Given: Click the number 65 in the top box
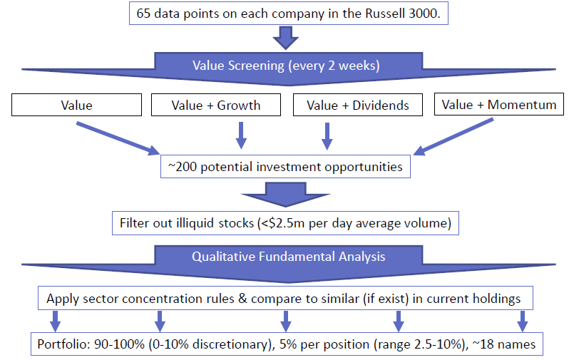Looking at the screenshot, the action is coord(144,14).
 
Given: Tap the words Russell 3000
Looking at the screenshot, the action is coord(402,14).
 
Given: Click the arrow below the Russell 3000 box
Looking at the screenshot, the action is coord(286,38).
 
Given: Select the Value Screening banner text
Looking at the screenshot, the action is coord(286,66).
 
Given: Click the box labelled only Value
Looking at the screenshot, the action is coord(76,105).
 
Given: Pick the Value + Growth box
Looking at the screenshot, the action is coord(216,105).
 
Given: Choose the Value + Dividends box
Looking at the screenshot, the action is coord(358,105).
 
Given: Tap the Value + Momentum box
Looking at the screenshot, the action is coord(499,104).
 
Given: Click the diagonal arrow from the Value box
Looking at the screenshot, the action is coord(118,138).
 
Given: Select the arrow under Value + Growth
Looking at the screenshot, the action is coord(241,135).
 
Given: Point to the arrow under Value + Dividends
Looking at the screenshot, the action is coord(327,135).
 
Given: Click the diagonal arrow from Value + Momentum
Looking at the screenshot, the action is coord(453,136).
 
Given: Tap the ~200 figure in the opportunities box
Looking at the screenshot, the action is coord(183,167).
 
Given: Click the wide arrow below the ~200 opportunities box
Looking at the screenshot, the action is coord(286,195).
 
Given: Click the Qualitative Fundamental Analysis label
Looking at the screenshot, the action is coord(289,257).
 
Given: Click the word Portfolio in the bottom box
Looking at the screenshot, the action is coord(63,344).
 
